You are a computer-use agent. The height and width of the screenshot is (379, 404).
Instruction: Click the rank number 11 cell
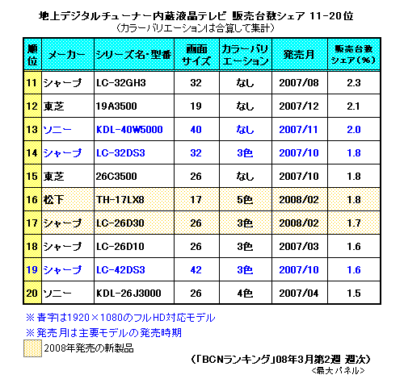tap(32, 83)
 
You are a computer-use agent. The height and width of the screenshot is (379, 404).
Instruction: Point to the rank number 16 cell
tap(32, 200)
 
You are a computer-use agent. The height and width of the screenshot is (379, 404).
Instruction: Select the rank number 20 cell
tap(32, 293)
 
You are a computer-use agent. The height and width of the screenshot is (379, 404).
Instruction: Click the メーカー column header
tap(66, 55)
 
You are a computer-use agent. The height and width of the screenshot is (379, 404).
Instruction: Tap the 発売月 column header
tap(299, 55)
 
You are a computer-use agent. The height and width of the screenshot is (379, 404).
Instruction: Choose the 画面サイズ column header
tap(196, 55)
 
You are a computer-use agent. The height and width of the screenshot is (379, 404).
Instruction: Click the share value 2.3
tap(354, 83)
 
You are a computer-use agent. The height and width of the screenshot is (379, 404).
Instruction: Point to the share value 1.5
tap(354, 293)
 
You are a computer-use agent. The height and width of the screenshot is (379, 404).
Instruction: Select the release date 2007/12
tap(299, 106)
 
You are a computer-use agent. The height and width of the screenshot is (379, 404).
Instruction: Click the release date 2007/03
tap(299, 247)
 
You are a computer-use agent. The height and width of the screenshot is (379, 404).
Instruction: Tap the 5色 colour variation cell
tap(245, 200)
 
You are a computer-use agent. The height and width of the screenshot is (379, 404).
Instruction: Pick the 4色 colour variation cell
tap(245, 293)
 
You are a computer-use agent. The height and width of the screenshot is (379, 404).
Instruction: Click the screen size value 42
tap(196, 270)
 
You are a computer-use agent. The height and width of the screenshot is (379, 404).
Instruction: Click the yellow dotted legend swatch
tap(32, 348)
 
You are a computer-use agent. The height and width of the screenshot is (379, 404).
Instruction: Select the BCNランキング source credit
tap(280, 360)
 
